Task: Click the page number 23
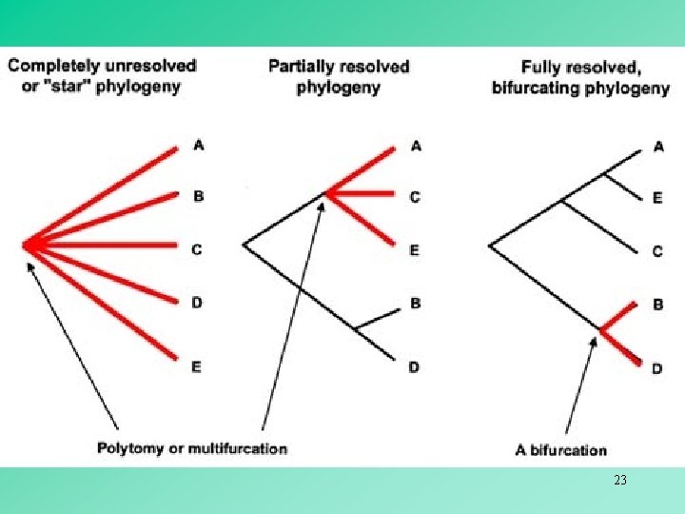[x=620, y=481]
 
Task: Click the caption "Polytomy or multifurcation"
[x=192, y=447]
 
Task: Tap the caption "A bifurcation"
[x=561, y=449]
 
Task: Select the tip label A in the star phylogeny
[x=198, y=145]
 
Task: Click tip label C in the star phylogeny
[x=196, y=249]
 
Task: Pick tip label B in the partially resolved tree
[x=415, y=304]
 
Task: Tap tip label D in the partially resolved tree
[x=415, y=366]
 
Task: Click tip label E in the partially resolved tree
[x=415, y=249]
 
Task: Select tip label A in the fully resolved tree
[x=659, y=146]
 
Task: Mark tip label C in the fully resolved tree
[x=657, y=251]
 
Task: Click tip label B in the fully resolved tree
[x=657, y=305]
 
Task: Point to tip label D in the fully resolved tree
[x=657, y=368]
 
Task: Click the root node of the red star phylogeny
[x=28, y=246]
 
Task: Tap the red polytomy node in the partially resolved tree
[x=326, y=193]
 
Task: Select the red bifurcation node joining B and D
[x=602, y=329]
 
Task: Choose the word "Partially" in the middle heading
[x=301, y=67]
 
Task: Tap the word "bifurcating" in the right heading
[x=535, y=88]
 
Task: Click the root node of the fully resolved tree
[x=490, y=246]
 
